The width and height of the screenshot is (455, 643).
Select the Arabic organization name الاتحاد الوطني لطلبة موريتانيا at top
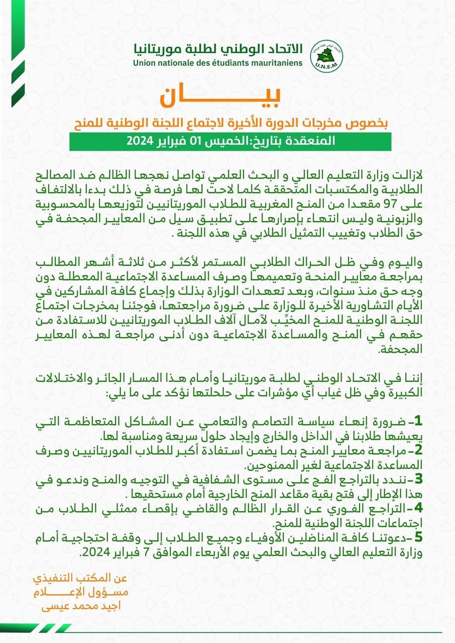point(218,49)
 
